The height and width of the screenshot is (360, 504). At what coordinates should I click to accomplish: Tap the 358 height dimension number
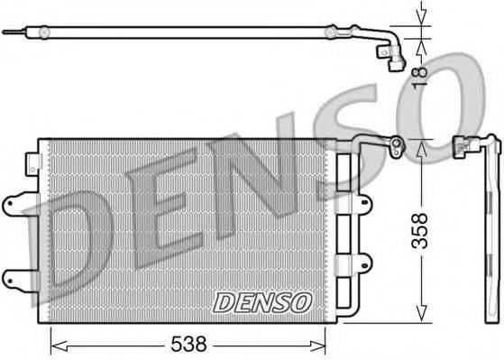tap(439, 231)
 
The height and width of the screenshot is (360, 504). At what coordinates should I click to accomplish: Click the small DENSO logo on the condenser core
tap(262, 301)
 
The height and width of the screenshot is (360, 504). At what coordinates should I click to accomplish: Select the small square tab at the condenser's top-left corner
tap(35, 162)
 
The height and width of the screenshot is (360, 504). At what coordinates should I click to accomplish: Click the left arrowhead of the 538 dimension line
tap(53, 342)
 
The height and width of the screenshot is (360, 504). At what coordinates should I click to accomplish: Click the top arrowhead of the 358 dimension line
tap(420, 144)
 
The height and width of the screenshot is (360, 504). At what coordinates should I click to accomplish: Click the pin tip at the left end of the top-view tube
tap(7, 32)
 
